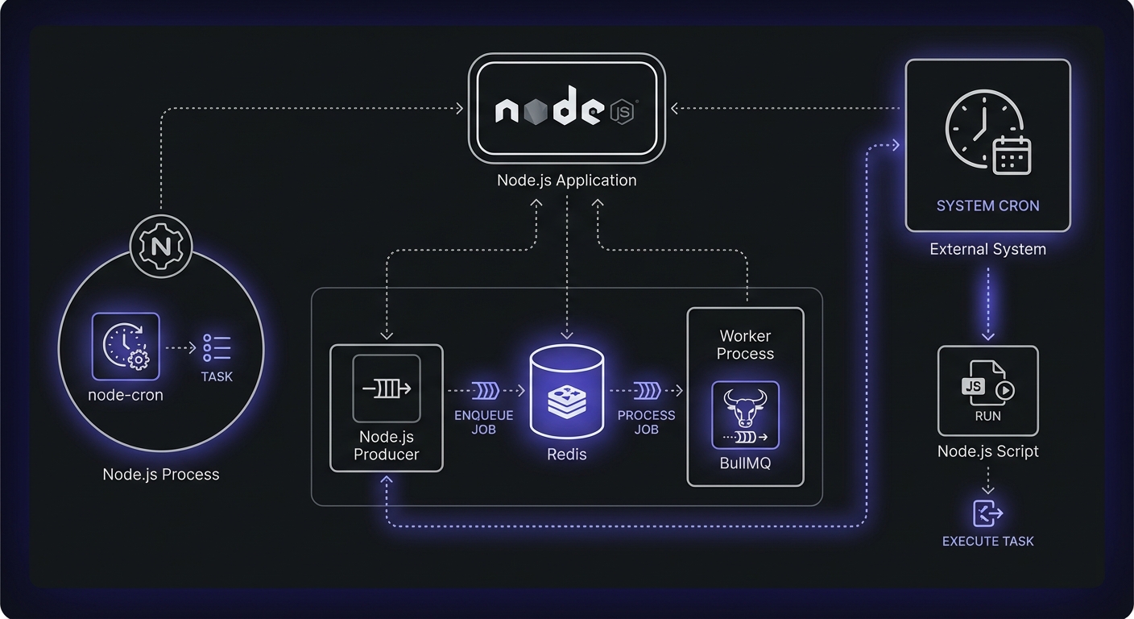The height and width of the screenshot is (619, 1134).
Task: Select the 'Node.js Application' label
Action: point(566,180)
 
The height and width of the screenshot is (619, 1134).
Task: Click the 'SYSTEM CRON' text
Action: point(987,206)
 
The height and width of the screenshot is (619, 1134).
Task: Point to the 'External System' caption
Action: point(987,249)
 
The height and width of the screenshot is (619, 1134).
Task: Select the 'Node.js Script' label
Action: point(987,451)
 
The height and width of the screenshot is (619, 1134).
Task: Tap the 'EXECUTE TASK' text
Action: point(987,541)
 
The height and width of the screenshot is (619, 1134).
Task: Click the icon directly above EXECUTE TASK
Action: point(987,513)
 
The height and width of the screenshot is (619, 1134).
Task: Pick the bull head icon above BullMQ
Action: point(745,408)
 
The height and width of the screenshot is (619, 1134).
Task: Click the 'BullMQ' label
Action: point(745,463)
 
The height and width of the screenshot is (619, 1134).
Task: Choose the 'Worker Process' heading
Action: point(745,344)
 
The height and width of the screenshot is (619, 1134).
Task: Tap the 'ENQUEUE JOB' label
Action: point(484,422)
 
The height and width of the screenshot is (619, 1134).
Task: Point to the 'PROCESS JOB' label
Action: point(646,422)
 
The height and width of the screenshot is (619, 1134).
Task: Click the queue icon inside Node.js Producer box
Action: point(387,389)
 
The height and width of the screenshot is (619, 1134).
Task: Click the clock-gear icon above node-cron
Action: point(126,347)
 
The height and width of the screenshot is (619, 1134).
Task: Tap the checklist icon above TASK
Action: point(217,347)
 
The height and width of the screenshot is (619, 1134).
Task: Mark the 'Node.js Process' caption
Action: point(161,474)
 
